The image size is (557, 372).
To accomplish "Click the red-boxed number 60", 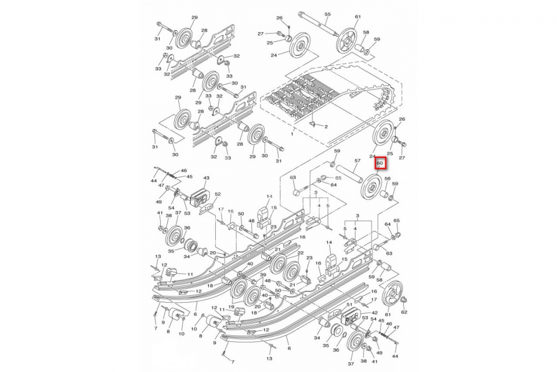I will pyautogui.click(x=380, y=163).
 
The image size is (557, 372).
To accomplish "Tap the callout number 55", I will pyautogui.click(x=327, y=15).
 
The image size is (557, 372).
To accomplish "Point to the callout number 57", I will pyautogui.click(x=357, y=161).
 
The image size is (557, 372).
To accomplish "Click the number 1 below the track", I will pyautogui.click(x=292, y=133).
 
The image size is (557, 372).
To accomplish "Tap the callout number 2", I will pyautogui.click(x=326, y=126).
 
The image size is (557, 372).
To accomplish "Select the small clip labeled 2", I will pyautogui.click(x=312, y=124).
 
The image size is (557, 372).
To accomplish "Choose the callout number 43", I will pyautogui.click(x=206, y=178).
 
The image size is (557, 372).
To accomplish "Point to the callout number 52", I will pyautogui.click(x=218, y=194).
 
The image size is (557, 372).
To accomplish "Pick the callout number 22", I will pyautogui.click(x=301, y=252).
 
